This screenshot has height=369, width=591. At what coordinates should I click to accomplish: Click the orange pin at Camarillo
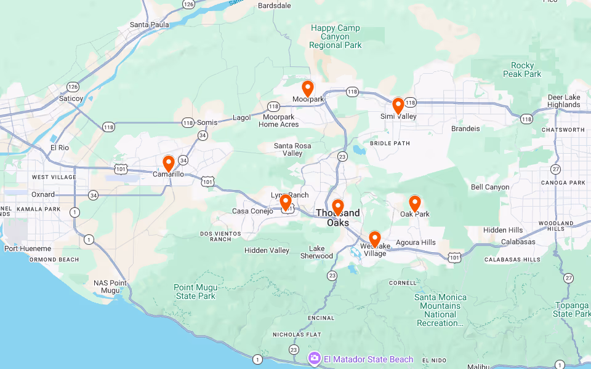168,164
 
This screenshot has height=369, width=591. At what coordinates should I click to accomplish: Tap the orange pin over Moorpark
308,89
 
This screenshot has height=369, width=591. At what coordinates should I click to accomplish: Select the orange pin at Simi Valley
398,106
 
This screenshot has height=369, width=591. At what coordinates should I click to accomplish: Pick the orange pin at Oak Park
415,204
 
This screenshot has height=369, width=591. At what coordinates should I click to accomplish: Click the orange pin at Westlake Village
374,239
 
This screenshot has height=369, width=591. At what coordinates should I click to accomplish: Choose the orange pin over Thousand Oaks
337,207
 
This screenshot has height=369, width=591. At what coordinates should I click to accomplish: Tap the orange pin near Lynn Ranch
286,202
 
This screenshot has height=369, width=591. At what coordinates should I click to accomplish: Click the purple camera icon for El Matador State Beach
315,358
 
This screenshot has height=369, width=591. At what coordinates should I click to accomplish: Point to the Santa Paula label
149,25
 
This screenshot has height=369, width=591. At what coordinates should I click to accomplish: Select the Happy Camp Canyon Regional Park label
336,36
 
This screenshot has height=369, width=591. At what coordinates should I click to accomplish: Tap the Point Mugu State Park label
195,292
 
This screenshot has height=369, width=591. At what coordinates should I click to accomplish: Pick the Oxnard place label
43,194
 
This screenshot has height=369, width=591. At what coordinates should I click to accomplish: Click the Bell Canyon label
490,187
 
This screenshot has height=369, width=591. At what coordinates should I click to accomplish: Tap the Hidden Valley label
267,250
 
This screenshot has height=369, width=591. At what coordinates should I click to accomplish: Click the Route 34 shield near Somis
203,135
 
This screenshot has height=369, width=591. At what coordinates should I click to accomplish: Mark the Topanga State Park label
571,309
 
